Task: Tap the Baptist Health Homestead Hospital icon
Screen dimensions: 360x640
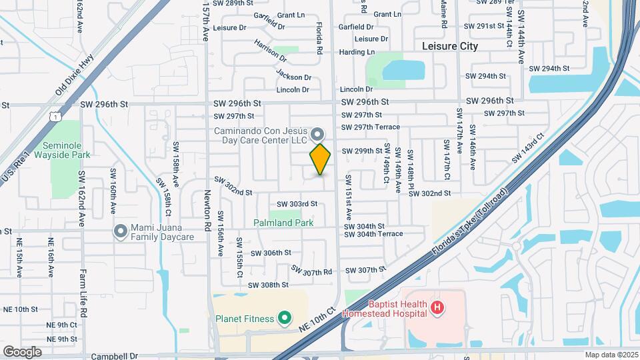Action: tap(437, 307)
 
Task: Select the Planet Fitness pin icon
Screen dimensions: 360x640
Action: tap(285, 318)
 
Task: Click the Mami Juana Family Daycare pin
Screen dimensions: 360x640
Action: tap(121, 231)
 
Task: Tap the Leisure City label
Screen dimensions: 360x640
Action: tap(450, 46)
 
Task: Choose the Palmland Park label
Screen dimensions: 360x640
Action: tap(283, 223)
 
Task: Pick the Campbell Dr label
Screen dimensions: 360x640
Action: tap(114, 356)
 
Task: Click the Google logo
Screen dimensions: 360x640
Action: tap(22, 351)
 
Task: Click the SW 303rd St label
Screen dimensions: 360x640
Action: tap(297, 204)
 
